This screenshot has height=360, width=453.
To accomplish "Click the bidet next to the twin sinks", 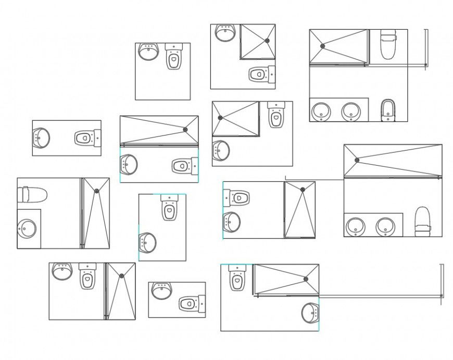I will click(x=388, y=110).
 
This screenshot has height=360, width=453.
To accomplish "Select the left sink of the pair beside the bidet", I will click(x=321, y=111).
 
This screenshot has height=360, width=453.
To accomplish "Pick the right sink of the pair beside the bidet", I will click(x=351, y=111).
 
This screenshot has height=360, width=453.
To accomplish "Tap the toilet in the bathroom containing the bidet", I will click(x=388, y=44).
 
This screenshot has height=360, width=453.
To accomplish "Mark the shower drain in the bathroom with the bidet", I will click(x=323, y=46).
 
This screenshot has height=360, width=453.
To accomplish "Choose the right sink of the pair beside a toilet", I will click(x=385, y=226).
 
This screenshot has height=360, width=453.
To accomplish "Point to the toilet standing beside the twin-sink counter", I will click(x=423, y=221).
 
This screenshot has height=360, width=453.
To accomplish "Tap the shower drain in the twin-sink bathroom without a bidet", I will click(x=357, y=160).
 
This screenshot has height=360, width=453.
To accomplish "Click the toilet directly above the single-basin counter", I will click(x=32, y=194).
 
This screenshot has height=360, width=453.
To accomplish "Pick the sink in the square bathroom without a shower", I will click(x=148, y=52).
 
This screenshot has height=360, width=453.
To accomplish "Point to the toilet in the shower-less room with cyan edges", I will click(x=169, y=208).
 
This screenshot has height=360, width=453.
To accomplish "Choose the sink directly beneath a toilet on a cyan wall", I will click(x=231, y=221).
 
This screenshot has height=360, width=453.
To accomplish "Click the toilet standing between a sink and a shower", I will click(x=87, y=276).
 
